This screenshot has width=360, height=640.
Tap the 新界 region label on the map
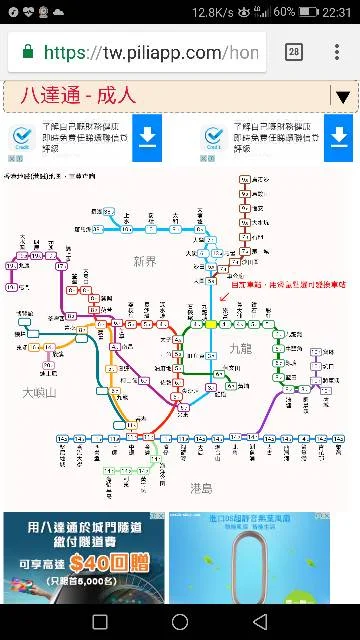145,262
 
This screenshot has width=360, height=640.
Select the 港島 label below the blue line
201,488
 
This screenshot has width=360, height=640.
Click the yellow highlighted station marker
211,324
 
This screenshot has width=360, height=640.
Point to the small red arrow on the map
223,296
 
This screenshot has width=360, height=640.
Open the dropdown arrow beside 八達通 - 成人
343,97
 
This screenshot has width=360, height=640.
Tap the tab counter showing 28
294,52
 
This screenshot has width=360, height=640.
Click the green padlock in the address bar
27,52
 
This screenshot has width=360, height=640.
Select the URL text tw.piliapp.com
150,52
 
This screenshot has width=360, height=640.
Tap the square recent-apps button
100,621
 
